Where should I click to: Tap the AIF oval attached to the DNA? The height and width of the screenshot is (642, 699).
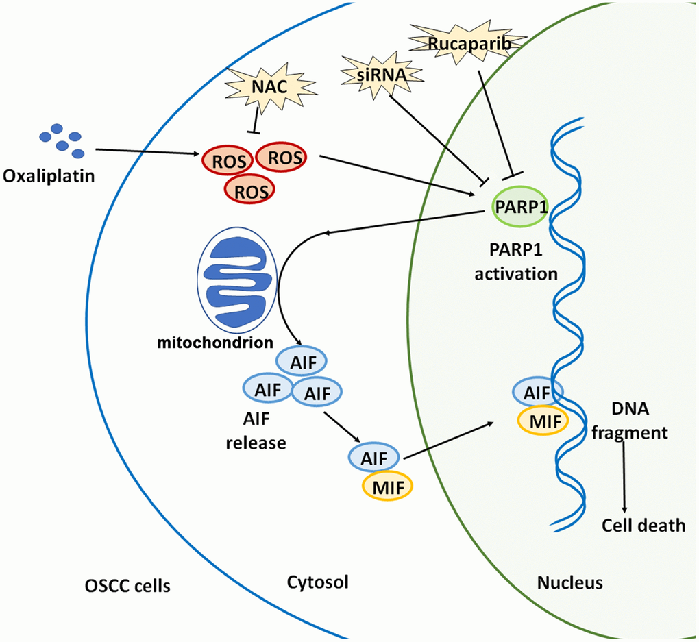[x=537, y=393]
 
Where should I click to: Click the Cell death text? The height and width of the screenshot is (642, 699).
[x=643, y=526]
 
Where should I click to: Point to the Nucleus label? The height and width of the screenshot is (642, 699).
[x=570, y=583]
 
